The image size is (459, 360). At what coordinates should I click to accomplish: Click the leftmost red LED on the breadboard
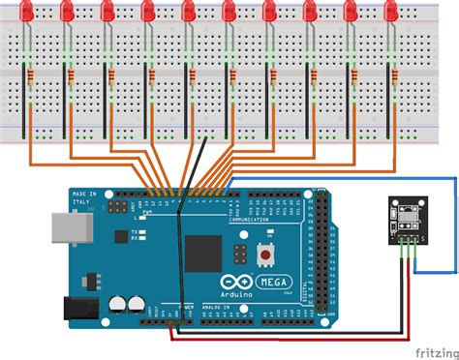(26, 13)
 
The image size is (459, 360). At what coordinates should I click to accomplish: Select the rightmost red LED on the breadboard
(392, 13)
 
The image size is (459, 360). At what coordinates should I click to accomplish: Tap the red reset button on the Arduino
(264, 255)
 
